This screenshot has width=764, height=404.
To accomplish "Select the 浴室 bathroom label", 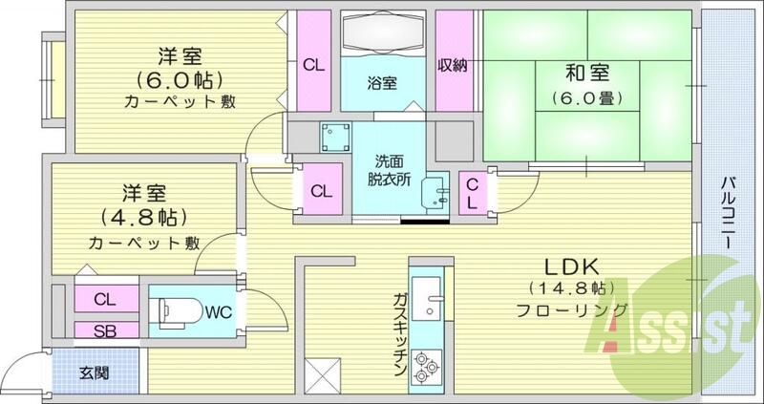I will (x=382, y=83).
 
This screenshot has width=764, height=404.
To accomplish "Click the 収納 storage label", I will (x=453, y=65).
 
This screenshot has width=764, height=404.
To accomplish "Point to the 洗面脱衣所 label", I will (x=387, y=169).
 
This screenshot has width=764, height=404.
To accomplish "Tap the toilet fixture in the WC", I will (x=177, y=311).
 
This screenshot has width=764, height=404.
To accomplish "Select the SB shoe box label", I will (x=106, y=330).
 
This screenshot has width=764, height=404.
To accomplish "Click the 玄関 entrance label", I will (x=95, y=372).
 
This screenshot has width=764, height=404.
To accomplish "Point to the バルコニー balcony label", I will (x=728, y=213).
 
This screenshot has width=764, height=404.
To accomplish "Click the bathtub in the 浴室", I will (x=382, y=34).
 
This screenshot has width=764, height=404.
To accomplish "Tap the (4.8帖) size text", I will (x=146, y=215).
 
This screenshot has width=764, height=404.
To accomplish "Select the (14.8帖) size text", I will (x=567, y=287).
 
